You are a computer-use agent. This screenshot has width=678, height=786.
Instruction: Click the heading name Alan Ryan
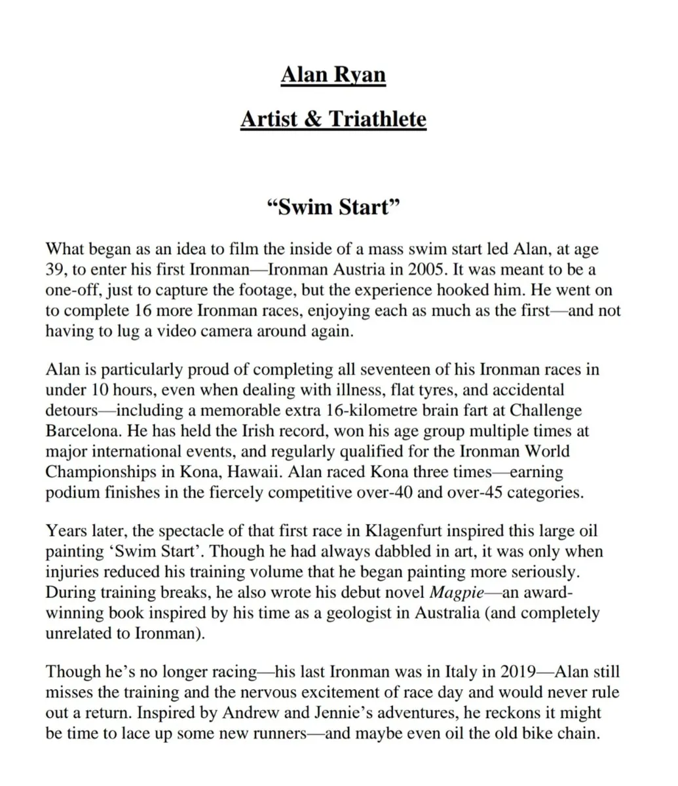333,75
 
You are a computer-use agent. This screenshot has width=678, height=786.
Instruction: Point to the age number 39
55,270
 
